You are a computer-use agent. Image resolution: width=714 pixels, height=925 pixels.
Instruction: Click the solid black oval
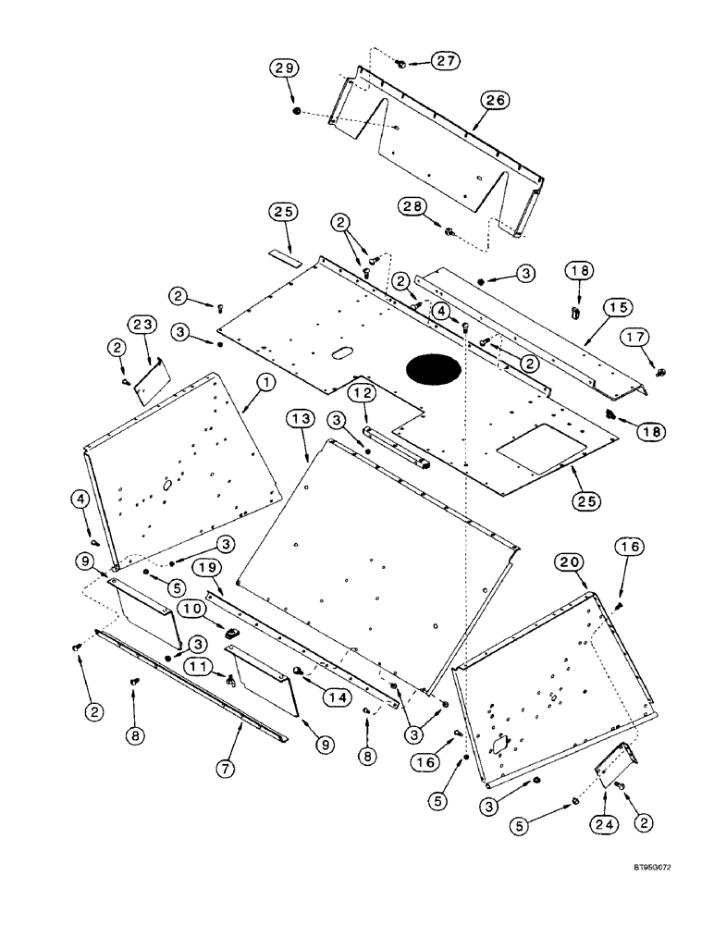pyautogui.click(x=434, y=369)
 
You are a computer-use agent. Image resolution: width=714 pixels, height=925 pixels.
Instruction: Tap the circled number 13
pyautogui.click(x=302, y=422)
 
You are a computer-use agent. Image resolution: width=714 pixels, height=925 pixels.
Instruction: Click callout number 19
pyautogui.click(x=207, y=569)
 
